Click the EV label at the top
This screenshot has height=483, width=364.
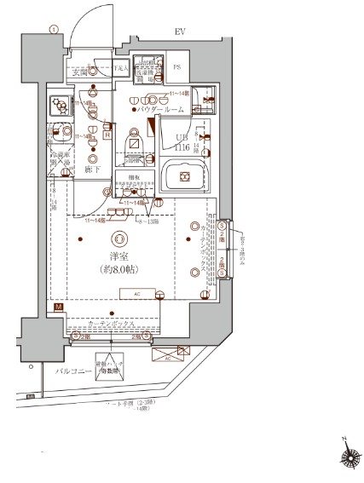180,32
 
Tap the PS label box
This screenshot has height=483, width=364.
178,67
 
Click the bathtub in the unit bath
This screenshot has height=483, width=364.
183,179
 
